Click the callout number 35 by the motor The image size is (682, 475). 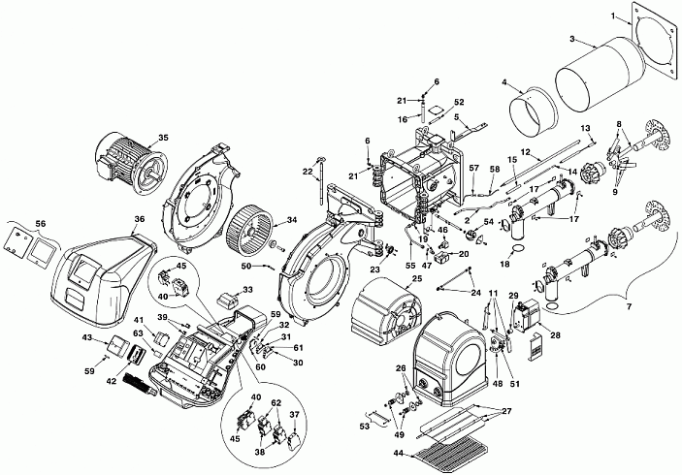click(163, 138)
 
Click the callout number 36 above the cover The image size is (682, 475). click(139, 219)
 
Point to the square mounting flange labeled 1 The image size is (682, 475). click(654, 42)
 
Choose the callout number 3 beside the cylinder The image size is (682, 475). click(572, 39)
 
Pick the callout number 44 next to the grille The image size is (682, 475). click(399, 455)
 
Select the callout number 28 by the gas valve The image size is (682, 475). click(556, 335)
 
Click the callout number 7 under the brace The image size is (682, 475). click(630, 307)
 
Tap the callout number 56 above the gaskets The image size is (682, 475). click(41, 223)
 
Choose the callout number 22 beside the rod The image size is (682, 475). click(308, 172)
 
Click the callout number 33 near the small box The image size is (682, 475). click(247, 290)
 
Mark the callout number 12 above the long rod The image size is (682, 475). click(526, 152)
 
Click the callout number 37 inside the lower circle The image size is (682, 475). click(295, 415)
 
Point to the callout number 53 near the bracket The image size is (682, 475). click(364, 427)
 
